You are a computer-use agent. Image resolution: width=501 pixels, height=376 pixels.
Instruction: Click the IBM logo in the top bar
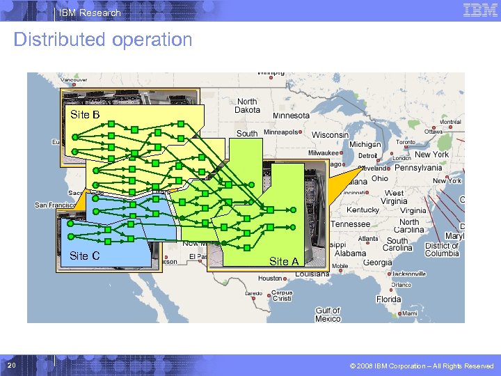click(479, 10)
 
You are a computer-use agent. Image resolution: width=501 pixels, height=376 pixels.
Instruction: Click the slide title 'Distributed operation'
click(102, 40)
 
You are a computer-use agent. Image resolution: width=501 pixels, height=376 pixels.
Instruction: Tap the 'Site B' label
click(85, 114)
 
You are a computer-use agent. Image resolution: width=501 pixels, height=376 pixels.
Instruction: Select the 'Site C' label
click(85, 256)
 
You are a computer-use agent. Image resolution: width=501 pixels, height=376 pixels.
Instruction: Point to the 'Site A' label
click(284, 261)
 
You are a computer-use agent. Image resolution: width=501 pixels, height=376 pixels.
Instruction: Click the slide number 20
click(11, 366)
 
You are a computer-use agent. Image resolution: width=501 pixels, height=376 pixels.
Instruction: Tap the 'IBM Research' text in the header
click(90, 13)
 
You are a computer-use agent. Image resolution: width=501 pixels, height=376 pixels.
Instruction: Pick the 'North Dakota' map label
click(247, 106)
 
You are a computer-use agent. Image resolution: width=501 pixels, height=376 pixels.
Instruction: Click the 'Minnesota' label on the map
click(291, 116)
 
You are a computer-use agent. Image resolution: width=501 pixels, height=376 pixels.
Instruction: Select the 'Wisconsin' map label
click(330, 134)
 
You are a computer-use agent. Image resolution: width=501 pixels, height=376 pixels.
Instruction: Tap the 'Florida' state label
click(389, 299)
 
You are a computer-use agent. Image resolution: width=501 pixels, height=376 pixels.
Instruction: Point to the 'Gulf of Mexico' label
click(328, 315)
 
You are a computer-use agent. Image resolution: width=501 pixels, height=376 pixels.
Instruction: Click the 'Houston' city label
click(270, 278)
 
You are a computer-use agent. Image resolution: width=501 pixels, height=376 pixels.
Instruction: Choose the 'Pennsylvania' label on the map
click(419, 168)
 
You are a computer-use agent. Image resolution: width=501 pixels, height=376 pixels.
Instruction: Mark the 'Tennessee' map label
click(350, 224)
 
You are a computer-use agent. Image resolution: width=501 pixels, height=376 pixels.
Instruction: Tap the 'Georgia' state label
click(377, 263)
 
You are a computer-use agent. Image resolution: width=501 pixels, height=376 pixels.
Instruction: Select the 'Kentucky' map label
click(363, 210)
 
